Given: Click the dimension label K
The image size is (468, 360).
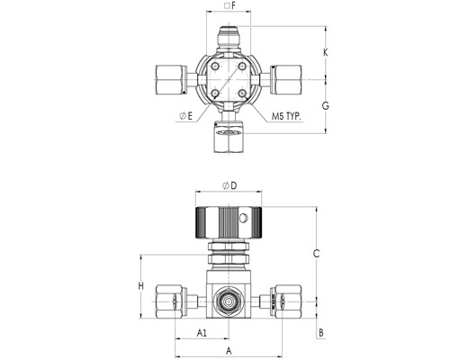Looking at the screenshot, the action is pos(326,53).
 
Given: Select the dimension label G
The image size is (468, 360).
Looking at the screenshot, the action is pos(326,105).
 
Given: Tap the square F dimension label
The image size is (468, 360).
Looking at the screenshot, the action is pos(230,5).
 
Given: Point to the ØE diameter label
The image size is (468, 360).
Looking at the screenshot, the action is pos(185,116).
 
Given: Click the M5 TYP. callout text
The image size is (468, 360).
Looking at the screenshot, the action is pos(286,116).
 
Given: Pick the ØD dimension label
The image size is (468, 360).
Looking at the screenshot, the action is pos(229,185).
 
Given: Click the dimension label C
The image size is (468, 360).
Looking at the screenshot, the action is pos(316,254).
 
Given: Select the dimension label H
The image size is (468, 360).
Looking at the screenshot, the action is pos(141,286).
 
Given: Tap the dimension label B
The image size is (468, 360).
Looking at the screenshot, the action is pos(321,333).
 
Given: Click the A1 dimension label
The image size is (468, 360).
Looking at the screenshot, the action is pos(202,332).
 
